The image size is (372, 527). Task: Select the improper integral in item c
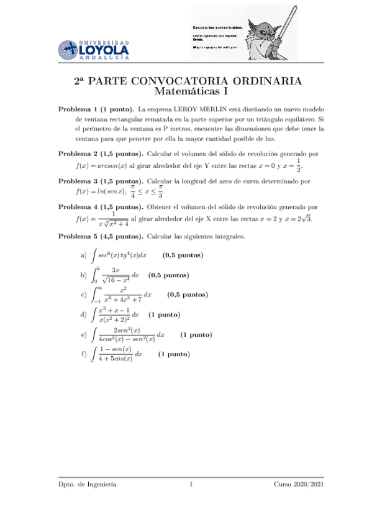[121, 295]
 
